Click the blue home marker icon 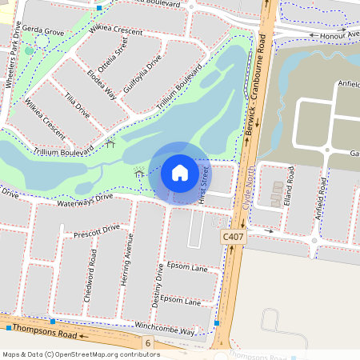180,172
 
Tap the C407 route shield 232,238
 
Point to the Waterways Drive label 86,200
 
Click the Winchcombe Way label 164,329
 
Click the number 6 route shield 148,342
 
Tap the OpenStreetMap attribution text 81,354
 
